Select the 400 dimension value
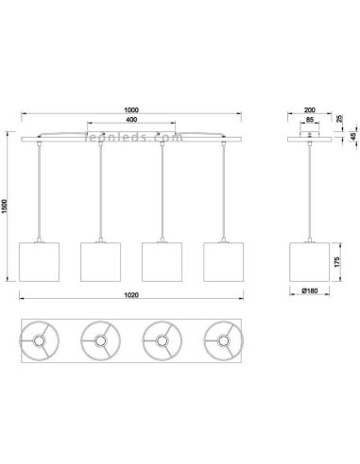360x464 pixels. pyautogui.click(x=131, y=120)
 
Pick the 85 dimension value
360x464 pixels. pyautogui.click(x=310, y=120)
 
